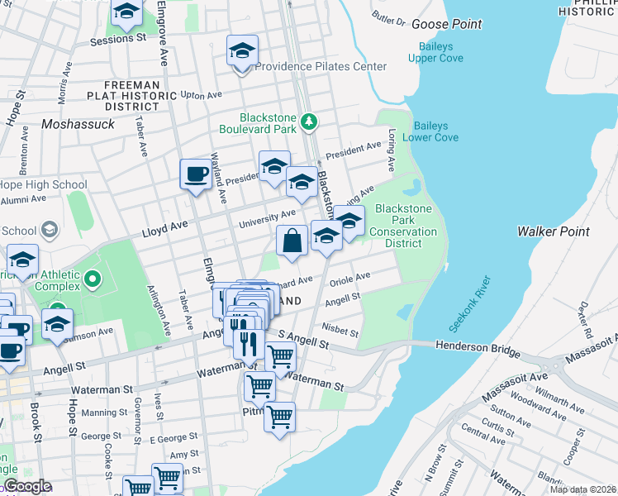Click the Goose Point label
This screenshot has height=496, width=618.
tap(446, 24)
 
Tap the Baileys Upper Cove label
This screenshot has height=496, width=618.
tap(435, 52)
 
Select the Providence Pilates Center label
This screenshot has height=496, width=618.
tap(321, 66)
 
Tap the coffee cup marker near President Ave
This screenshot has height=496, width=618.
tap(196, 174)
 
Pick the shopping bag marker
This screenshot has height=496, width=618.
tap(292, 241)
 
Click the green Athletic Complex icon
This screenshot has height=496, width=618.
tap(92, 280)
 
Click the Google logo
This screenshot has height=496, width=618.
tap(27, 486)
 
